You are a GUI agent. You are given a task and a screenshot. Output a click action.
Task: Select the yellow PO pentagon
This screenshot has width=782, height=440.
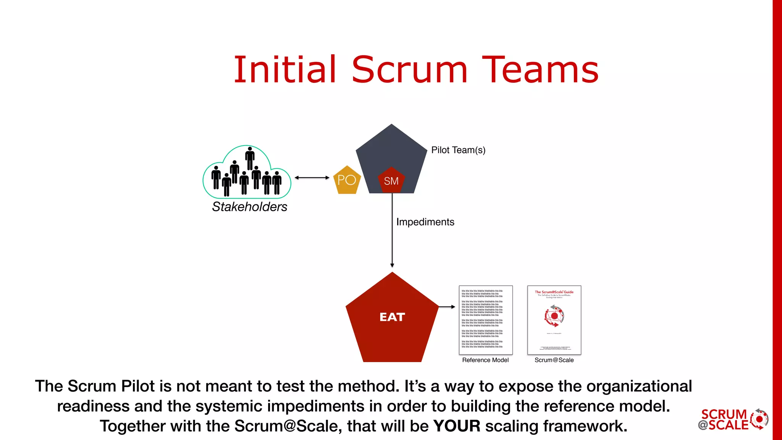click(347, 180)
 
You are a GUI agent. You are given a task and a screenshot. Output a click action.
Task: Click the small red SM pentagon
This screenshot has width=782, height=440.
click(391, 181)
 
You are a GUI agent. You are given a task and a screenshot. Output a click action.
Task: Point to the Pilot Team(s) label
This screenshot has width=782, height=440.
click(458, 150)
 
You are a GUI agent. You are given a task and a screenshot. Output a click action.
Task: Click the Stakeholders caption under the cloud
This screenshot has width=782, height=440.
click(249, 207)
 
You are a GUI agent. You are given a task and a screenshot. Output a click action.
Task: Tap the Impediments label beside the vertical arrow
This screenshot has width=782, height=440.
click(425, 222)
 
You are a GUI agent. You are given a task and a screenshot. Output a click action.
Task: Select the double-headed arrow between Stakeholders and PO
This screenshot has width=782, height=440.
click(312, 178)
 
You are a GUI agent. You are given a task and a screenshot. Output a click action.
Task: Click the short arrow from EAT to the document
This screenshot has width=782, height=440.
click(447, 307)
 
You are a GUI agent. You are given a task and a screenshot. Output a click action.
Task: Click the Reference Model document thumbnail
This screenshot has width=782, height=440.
click(485, 320)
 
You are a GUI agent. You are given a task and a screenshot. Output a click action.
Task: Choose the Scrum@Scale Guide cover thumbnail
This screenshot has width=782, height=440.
click(554, 320)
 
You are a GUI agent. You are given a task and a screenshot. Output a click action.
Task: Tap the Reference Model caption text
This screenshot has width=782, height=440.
click(485, 360)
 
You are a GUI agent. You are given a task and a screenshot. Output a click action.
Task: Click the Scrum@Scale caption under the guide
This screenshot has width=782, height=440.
click(554, 360)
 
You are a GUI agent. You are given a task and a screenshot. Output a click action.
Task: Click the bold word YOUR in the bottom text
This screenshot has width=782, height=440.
click(457, 426)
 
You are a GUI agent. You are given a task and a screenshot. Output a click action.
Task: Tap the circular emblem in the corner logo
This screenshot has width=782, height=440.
click(759, 419)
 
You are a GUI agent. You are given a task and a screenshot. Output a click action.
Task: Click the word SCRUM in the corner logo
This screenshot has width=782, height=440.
click(724, 414)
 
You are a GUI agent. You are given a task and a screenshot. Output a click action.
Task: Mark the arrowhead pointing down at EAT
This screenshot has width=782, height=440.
click(392, 265)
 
